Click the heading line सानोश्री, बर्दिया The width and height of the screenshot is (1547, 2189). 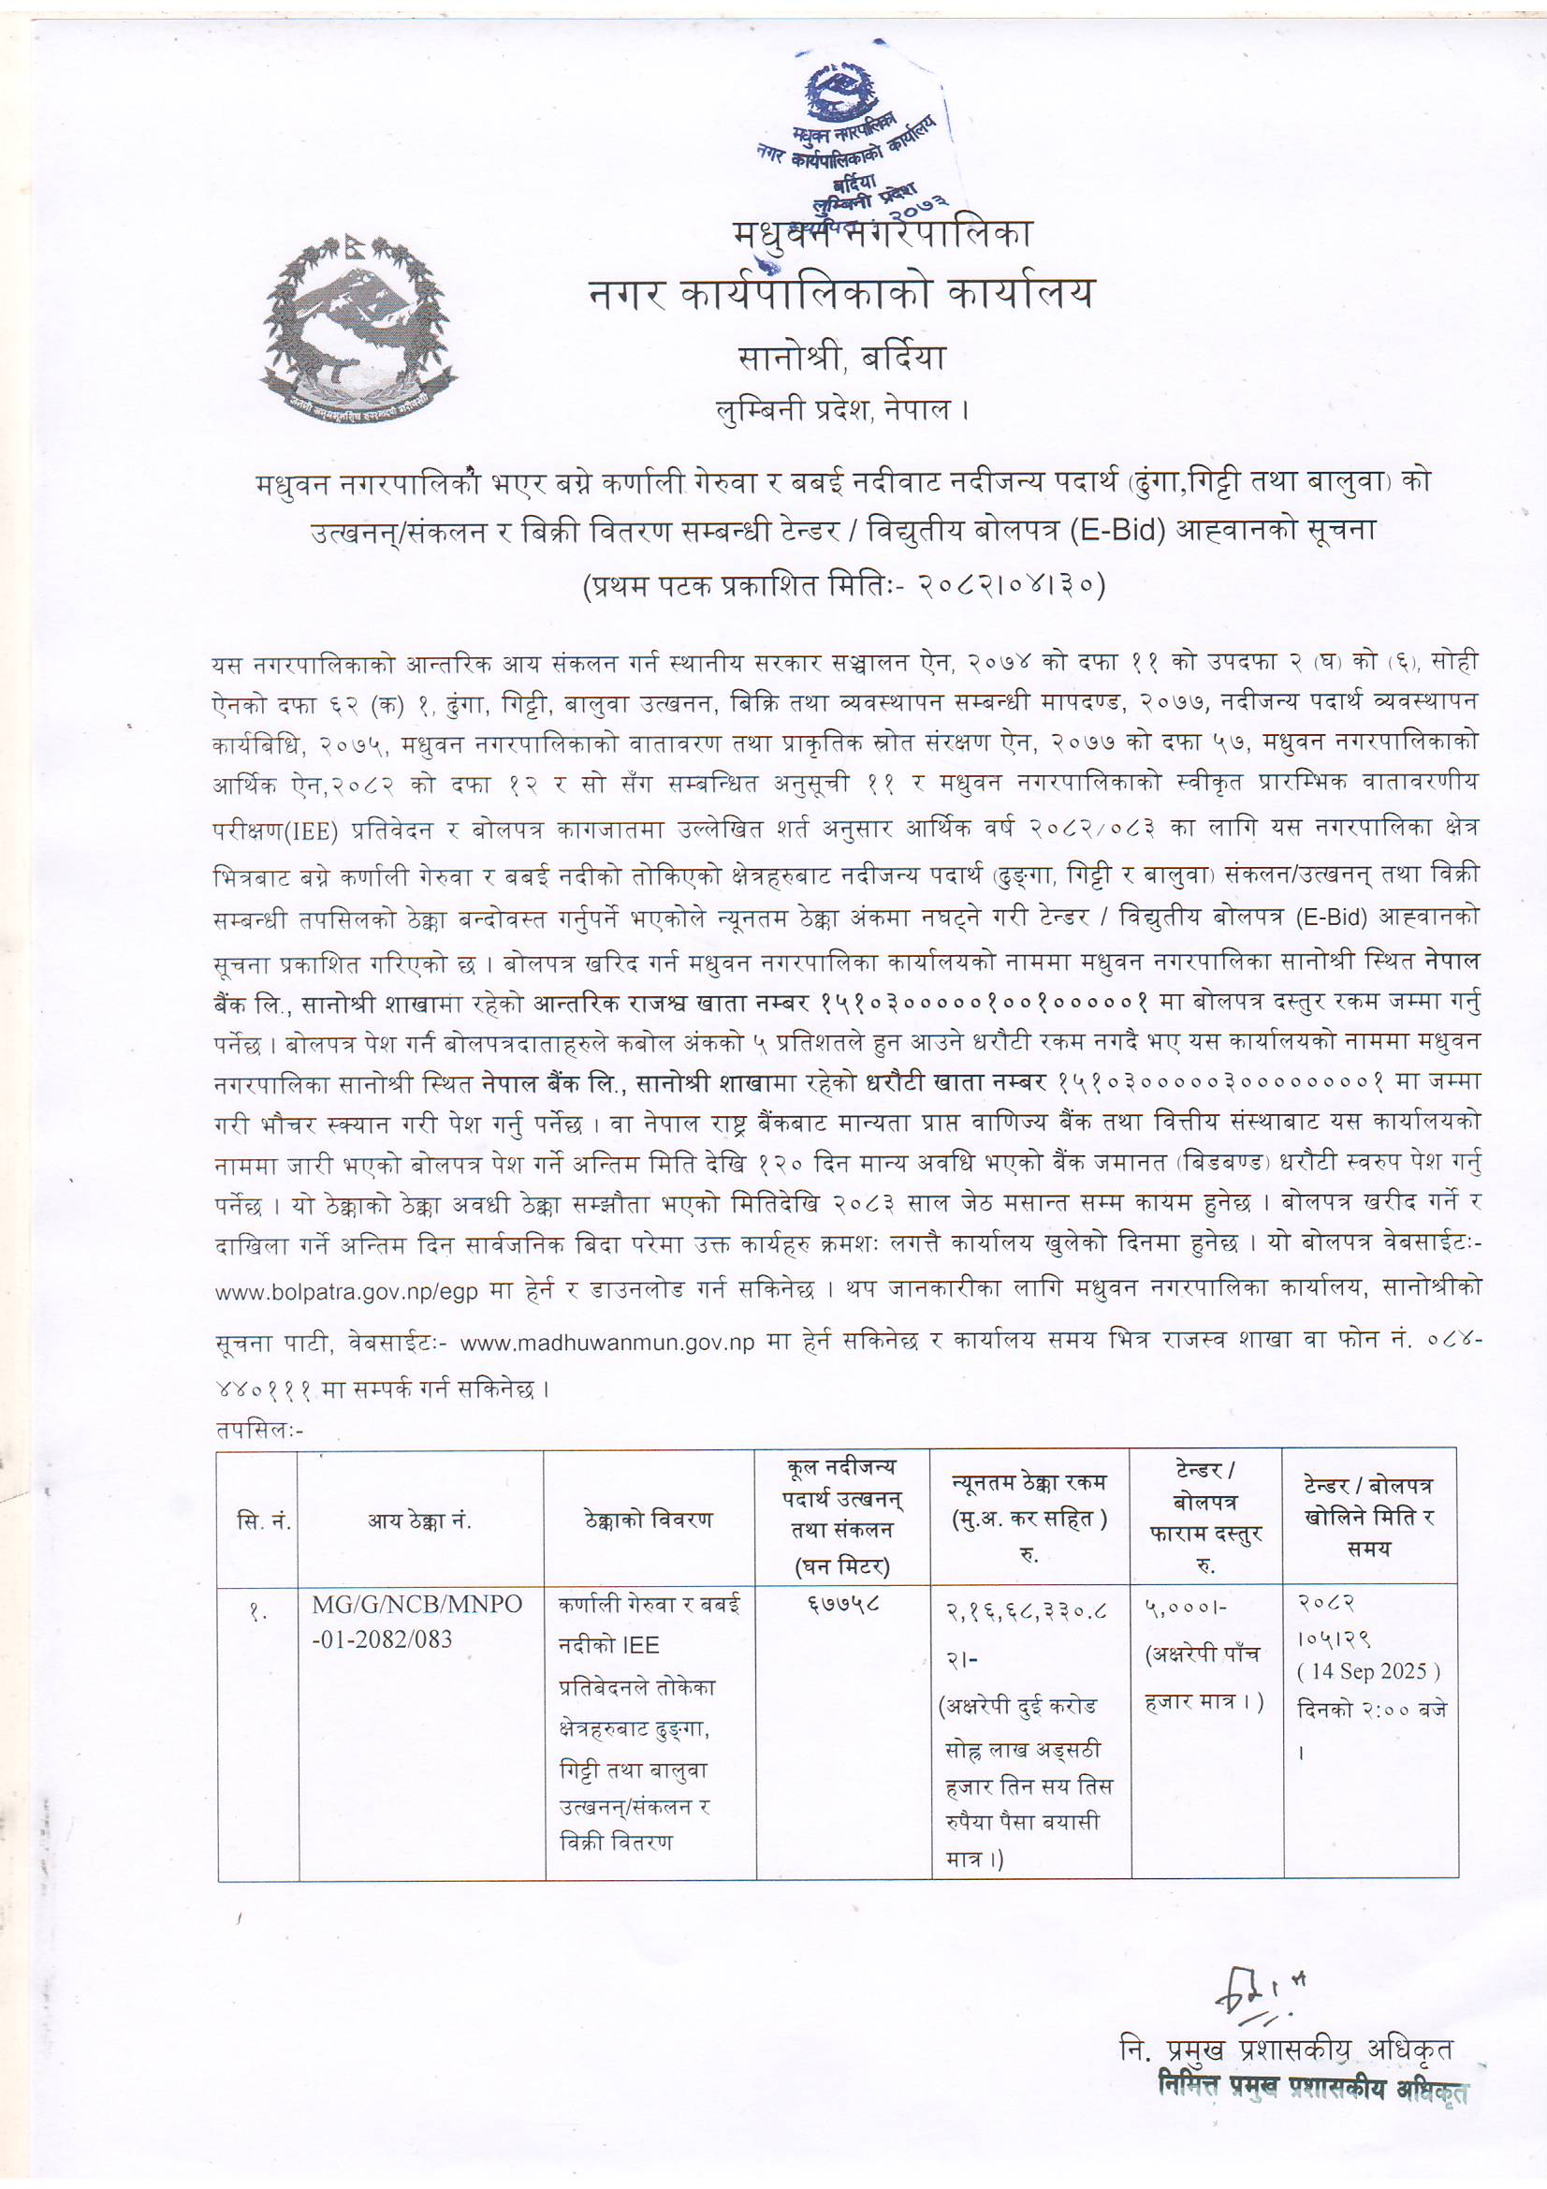point(841,358)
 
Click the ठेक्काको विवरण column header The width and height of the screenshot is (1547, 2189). point(649,1520)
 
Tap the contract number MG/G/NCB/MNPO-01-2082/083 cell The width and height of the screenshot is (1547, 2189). point(416,1622)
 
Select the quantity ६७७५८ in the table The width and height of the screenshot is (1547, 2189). point(842,1606)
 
